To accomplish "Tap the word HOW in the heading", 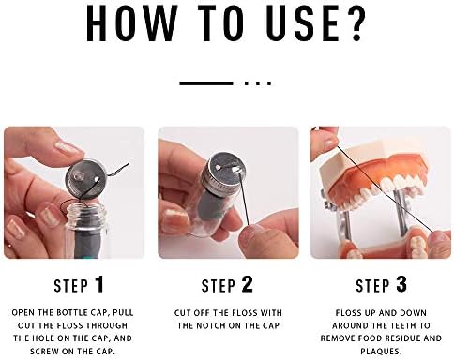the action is (x=131, y=23).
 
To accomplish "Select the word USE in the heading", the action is (x=303, y=23).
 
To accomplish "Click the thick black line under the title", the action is (x=206, y=83).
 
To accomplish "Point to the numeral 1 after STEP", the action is (x=99, y=284).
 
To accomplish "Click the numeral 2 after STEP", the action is (x=247, y=284).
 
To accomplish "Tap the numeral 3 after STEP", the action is (x=401, y=284).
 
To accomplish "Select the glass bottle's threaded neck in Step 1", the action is (x=87, y=216).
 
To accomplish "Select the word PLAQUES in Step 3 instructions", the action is (x=381, y=352).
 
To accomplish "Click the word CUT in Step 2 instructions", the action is (x=182, y=313).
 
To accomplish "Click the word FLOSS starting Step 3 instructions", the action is (x=349, y=313).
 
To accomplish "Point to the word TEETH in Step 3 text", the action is (x=402, y=325).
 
